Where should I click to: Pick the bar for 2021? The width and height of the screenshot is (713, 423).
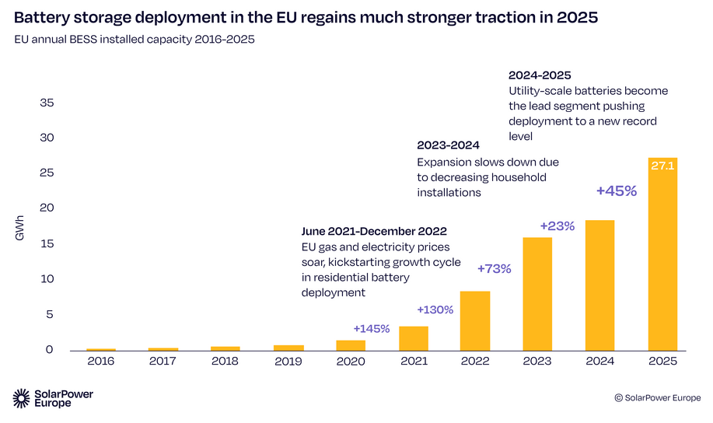413,337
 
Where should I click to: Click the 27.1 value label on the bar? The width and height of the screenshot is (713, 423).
662,165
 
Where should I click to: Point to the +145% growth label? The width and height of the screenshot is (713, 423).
371,329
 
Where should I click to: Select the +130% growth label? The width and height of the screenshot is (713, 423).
435,309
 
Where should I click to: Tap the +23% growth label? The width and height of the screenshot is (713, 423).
557,226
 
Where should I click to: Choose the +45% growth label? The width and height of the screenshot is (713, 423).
617,191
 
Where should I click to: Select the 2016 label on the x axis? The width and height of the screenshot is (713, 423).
101,362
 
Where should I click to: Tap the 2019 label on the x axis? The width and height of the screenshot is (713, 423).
288,362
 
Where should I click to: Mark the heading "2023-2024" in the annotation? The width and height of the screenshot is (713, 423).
448,145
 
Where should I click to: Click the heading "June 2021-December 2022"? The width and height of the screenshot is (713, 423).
373,232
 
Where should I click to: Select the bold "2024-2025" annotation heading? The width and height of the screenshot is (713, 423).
540,75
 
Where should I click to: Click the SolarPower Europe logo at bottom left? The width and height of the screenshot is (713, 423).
53,398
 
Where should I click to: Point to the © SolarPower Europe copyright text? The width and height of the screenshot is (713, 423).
657,397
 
